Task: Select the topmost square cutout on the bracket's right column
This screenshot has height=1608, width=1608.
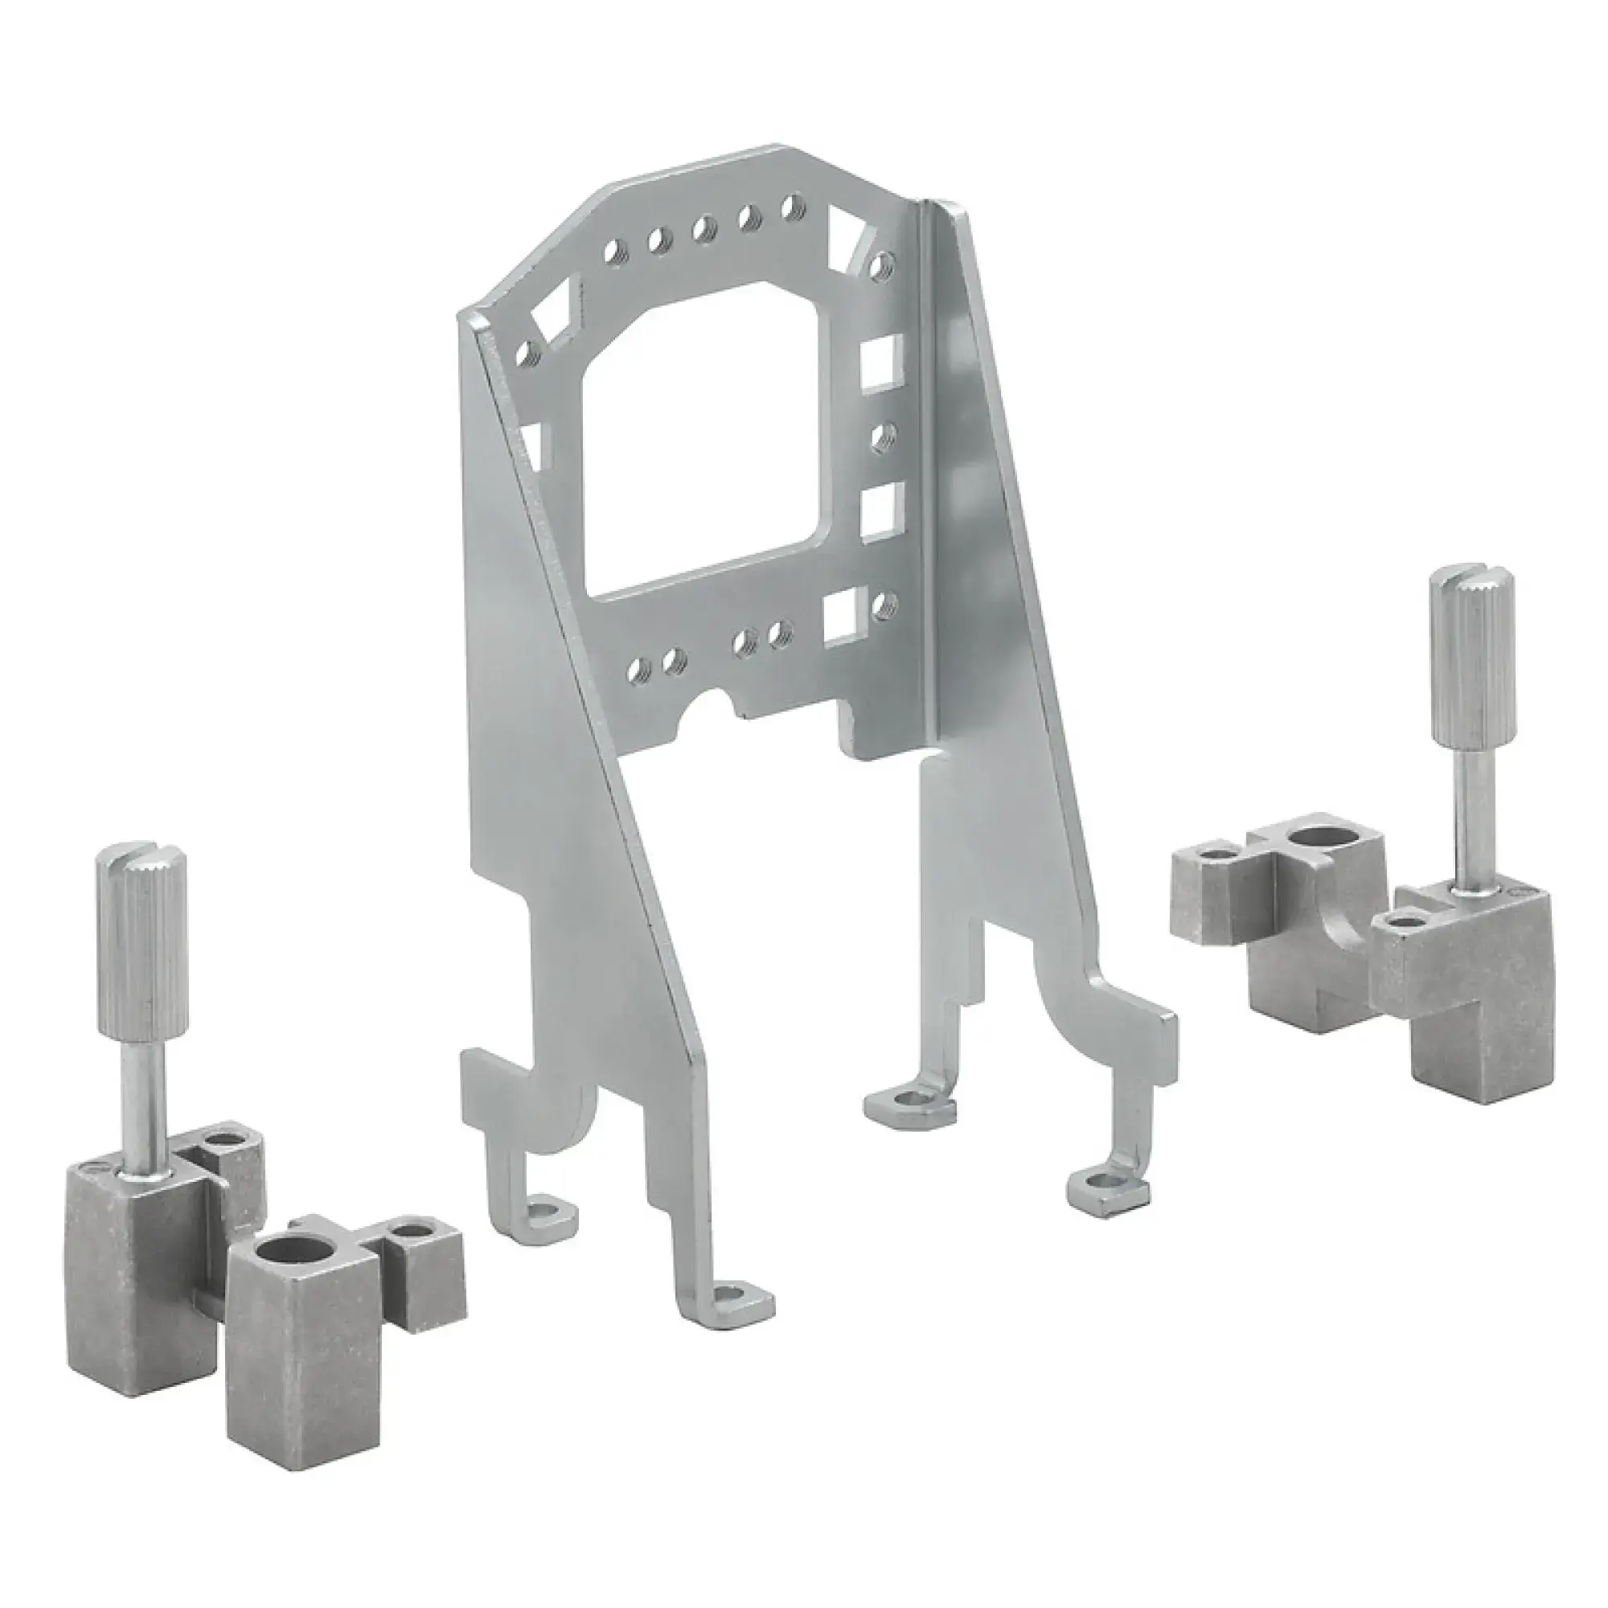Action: pyautogui.click(x=879, y=362)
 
